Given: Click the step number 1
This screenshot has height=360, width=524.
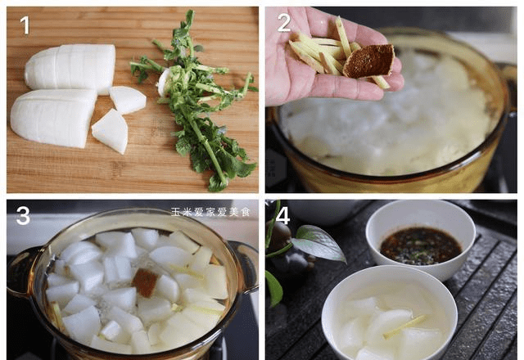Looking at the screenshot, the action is (25, 25).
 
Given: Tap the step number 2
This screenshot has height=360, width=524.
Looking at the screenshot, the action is (284, 23).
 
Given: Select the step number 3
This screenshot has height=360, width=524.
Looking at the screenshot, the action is (23, 215).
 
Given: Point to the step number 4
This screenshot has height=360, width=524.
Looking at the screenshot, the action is (282, 215).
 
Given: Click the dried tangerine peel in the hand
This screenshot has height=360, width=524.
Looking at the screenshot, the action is (369, 61).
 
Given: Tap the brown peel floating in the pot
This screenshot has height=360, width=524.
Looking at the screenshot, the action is (146, 282).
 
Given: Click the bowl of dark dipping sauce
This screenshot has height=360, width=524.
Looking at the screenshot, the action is (420, 240).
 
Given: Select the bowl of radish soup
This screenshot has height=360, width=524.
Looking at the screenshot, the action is (390, 314).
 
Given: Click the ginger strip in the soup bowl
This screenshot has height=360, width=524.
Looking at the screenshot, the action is (404, 326).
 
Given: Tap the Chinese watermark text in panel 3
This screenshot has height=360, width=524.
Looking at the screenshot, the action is (210, 212).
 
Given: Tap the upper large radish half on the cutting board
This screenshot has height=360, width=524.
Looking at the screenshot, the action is (71, 69).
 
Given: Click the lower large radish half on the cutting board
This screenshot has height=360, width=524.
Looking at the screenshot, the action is (53, 117).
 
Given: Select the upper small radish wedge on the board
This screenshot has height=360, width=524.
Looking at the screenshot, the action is (128, 100).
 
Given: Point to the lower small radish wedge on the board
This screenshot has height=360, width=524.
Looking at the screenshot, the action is (111, 132).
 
